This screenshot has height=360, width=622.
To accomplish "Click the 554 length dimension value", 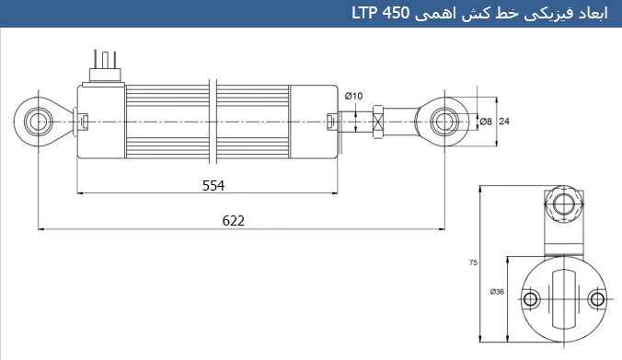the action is [213, 185].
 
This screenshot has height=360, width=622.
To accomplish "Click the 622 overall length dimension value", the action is [234, 221].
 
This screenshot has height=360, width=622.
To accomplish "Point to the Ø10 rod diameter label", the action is [353, 96].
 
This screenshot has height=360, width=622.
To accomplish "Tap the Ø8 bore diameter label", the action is [486, 122].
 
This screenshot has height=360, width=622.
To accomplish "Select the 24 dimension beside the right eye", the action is [504, 121].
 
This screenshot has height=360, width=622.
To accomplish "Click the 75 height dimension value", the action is [473, 262].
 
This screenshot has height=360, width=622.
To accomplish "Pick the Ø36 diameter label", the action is [497, 292].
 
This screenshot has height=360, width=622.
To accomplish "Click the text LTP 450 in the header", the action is [380, 14].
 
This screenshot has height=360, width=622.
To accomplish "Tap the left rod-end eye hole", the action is [39, 121].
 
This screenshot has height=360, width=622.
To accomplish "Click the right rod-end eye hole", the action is [444, 121].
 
